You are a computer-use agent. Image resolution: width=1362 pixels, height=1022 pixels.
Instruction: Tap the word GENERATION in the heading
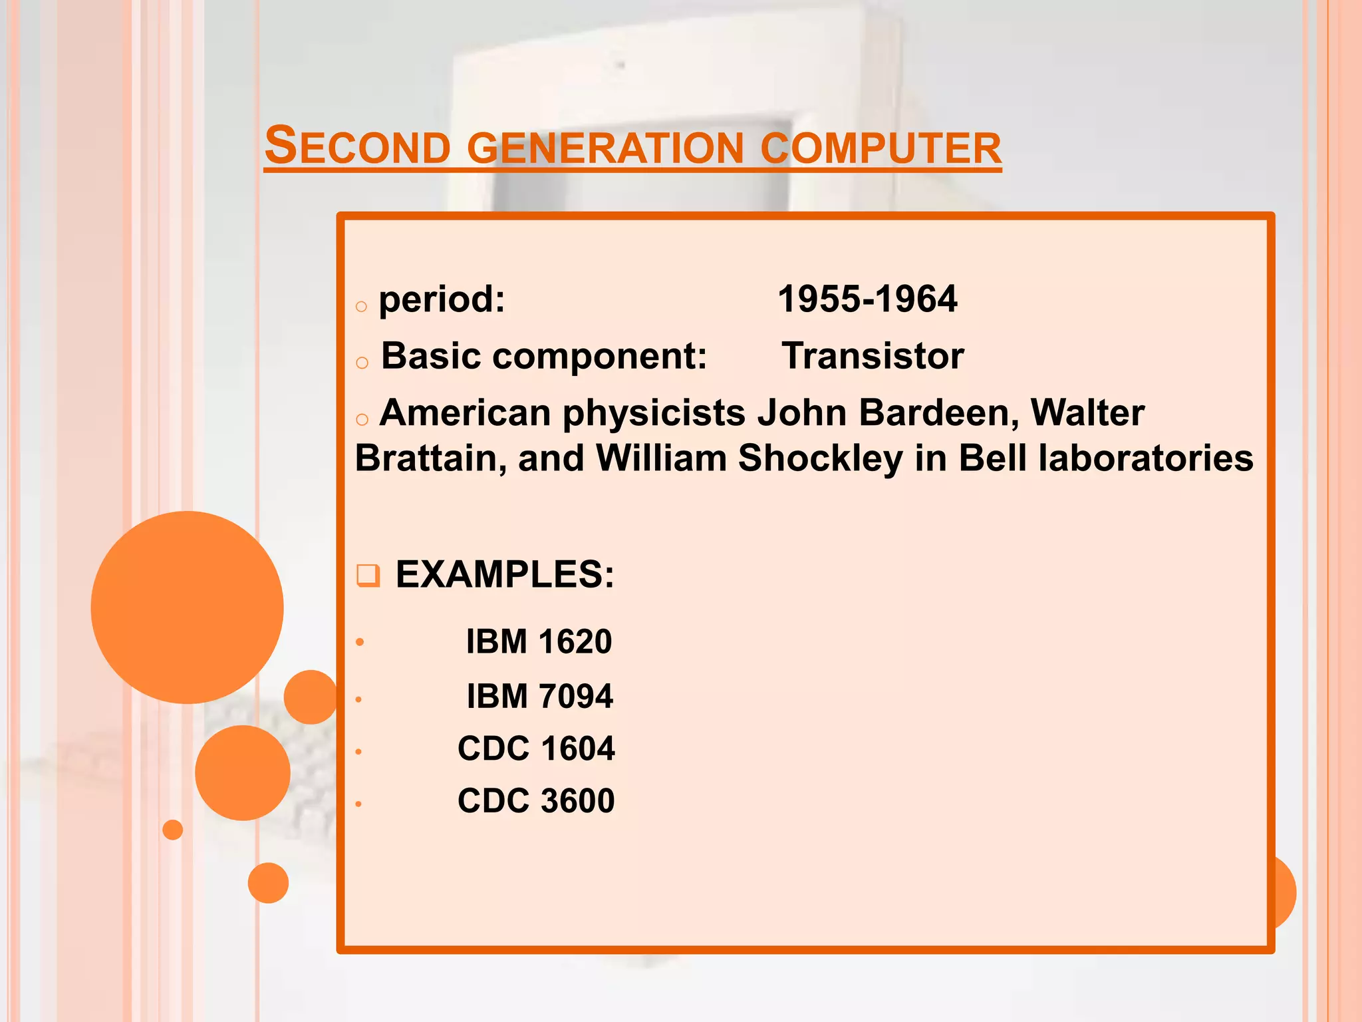[x=605, y=148]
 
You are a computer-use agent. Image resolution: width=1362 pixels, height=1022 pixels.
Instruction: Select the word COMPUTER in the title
[x=881, y=148]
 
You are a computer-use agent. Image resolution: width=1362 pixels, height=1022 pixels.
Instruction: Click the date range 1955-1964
[x=867, y=299]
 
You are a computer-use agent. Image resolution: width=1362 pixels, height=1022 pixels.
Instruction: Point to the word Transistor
[x=873, y=356]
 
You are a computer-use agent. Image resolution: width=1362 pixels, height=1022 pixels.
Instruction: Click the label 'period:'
[x=442, y=299]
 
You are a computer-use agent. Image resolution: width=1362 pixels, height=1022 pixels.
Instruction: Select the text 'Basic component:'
[x=544, y=356]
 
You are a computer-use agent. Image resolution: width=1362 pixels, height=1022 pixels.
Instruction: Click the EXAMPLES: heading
[x=505, y=574]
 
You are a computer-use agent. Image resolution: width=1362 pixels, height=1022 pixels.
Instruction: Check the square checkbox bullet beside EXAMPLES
[x=368, y=575]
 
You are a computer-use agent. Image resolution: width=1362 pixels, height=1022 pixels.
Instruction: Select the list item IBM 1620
[x=539, y=641]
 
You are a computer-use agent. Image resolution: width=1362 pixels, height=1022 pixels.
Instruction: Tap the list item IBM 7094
[x=539, y=696]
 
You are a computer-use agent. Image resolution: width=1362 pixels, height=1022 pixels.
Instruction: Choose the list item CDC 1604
[x=536, y=749]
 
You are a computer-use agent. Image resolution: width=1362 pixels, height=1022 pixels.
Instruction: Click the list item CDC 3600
[x=536, y=800]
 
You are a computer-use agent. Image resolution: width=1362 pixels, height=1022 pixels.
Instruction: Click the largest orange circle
[x=188, y=607]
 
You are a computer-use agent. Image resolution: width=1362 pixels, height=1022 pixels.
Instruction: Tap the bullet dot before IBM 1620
[x=360, y=642]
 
